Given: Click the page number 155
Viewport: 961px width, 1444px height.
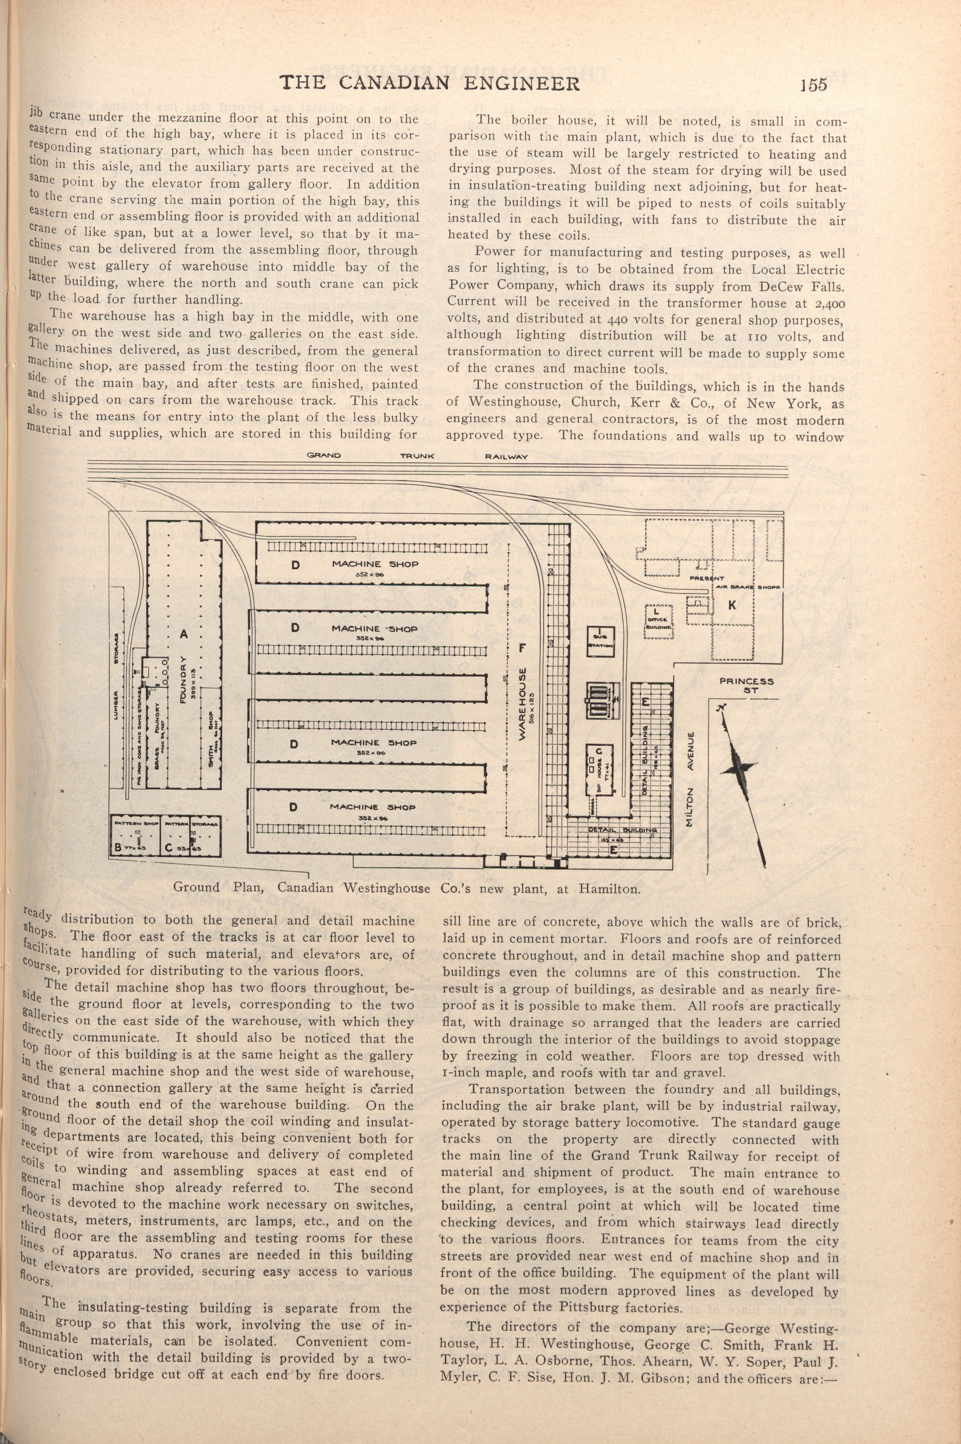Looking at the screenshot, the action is (813, 84).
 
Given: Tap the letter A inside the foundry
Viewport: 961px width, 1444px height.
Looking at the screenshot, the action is (183, 635).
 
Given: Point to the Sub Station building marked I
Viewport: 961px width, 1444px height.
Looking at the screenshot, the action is (600, 642).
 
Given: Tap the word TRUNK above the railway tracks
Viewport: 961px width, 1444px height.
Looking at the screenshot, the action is (417, 456).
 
